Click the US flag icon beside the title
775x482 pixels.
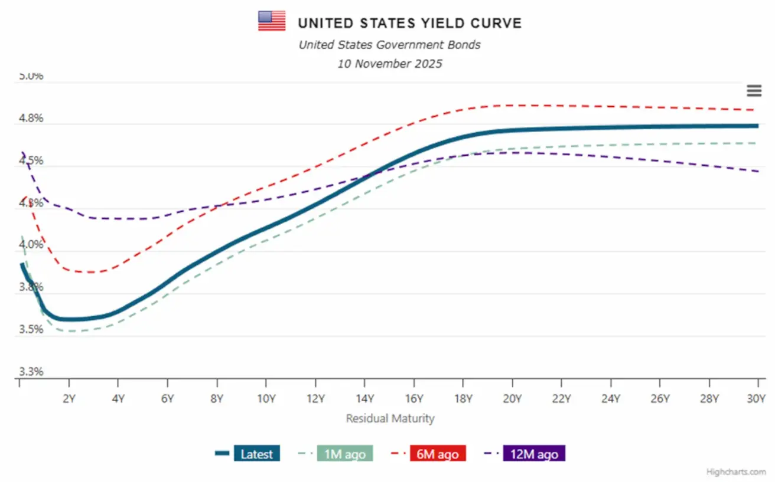coord(272,21)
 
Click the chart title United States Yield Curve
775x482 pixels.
coord(409,23)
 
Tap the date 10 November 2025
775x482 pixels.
coord(389,64)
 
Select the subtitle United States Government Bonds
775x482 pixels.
coord(389,44)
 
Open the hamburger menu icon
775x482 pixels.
coord(754,91)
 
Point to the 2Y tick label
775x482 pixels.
coord(69,398)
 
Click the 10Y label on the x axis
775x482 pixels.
coord(266,398)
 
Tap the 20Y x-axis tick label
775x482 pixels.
coord(512,398)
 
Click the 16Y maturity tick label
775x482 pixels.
coord(413,398)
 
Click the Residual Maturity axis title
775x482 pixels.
coord(390,418)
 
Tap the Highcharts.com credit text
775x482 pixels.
coord(736,471)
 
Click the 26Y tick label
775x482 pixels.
coord(659,398)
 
